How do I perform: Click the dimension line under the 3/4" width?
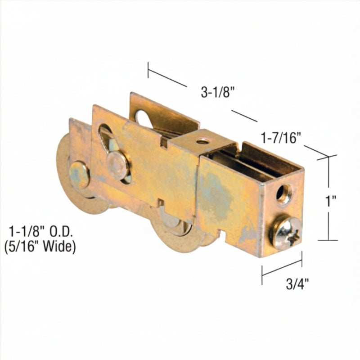pos(282,267)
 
